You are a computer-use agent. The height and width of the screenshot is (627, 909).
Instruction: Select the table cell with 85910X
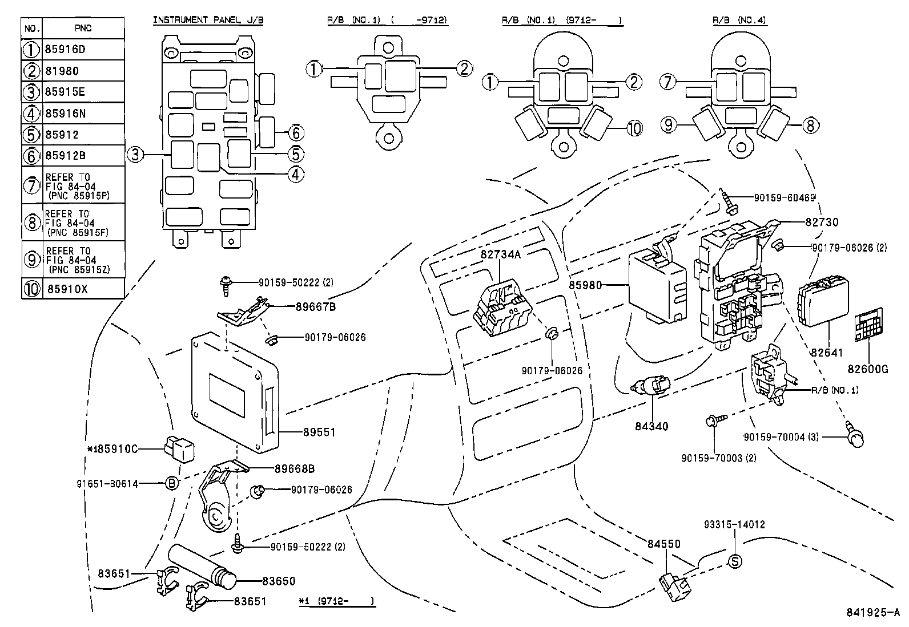[67, 289]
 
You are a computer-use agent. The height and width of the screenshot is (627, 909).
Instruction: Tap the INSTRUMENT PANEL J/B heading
[208, 20]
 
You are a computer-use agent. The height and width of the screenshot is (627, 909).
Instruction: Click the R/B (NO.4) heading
[739, 20]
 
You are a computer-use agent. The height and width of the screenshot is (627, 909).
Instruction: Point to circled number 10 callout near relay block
[634, 128]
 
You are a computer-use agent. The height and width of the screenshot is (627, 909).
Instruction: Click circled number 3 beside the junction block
[135, 155]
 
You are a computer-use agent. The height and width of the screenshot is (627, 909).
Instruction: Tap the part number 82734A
[501, 255]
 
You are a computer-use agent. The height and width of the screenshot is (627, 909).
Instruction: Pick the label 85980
[585, 284]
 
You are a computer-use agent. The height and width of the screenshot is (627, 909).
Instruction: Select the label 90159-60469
[784, 197]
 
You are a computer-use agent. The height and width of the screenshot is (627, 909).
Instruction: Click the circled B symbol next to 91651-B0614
[171, 483]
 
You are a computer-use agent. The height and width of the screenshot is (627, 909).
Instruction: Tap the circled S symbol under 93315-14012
[735, 561]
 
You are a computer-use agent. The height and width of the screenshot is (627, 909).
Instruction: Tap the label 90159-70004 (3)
[781, 437]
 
